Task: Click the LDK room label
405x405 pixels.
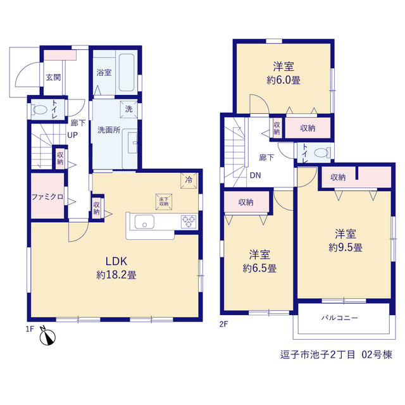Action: pyautogui.click(x=116, y=261)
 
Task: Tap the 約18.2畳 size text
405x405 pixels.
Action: pyautogui.click(x=116, y=275)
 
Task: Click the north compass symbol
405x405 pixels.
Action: pyautogui.click(x=47, y=336)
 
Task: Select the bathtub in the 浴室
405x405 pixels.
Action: pyautogui.click(x=127, y=72)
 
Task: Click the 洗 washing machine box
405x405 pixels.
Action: pyautogui.click(x=128, y=109)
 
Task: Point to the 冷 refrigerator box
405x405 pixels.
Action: pyautogui.click(x=189, y=180)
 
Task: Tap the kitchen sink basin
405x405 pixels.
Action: pyautogui.click(x=144, y=222)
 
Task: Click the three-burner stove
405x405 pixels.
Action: pyautogui.click(x=189, y=222)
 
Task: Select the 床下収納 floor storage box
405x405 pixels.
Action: pyautogui.click(x=164, y=202)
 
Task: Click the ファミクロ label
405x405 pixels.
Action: pyautogui.click(x=47, y=197)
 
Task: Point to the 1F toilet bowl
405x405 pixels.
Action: pyautogui.click(x=39, y=109)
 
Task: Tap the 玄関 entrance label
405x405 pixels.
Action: pyautogui.click(x=53, y=77)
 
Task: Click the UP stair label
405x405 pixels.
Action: pyautogui.click(x=72, y=135)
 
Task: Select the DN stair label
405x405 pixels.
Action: pyautogui.click(x=255, y=175)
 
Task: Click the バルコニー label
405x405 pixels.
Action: pyautogui.click(x=339, y=318)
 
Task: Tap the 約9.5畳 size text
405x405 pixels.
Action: pyautogui.click(x=346, y=247)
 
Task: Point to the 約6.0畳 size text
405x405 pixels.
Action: pyautogui.click(x=283, y=80)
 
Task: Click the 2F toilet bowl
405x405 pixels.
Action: pyautogui.click(x=322, y=153)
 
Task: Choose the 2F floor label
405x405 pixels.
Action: pyautogui.click(x=223, y=324)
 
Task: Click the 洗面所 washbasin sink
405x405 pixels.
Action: pyautogui.click(x=133, y=142)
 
